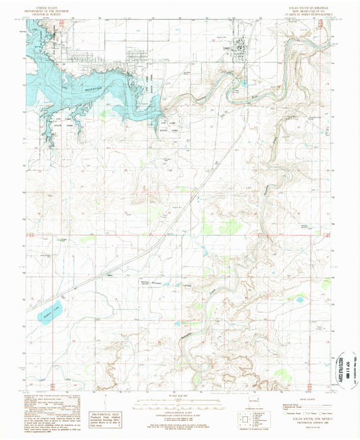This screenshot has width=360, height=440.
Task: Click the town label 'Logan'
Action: tap(226, 49)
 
